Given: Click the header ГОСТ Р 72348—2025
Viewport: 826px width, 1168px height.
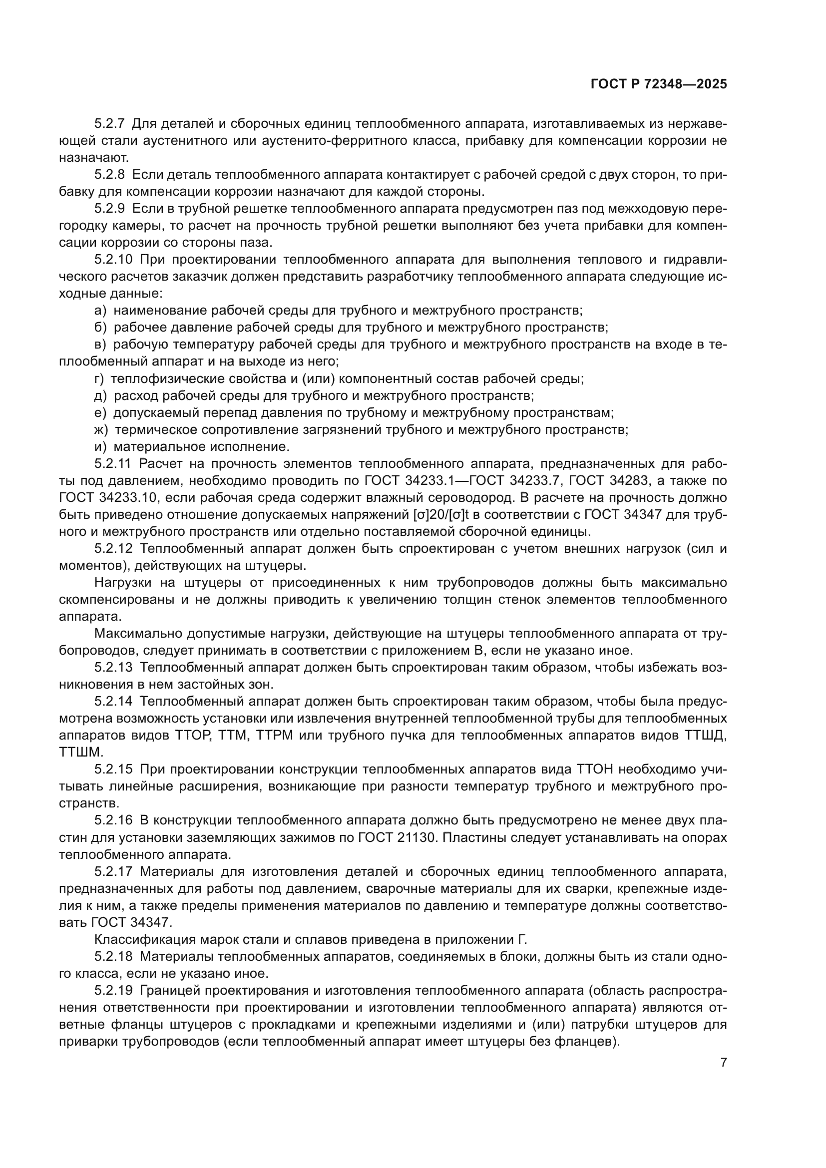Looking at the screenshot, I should [x=659, y=84].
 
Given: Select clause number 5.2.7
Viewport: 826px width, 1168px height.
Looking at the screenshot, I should [x=109, y=124].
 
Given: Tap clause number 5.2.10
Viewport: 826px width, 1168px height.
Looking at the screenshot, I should [x=113, y=260].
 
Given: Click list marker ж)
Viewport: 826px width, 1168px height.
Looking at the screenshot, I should [x=101, y=429].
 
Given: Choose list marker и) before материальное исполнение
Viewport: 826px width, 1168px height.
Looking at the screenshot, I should [x=100, y=446].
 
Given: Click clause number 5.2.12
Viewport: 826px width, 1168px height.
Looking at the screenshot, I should [x=113, y=548].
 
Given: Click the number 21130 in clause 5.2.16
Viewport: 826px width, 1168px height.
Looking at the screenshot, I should [x=416, y=837].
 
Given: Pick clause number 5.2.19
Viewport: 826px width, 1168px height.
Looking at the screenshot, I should [x=113, y=990].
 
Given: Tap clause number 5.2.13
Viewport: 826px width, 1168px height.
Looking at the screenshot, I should [x=113, y=668].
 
